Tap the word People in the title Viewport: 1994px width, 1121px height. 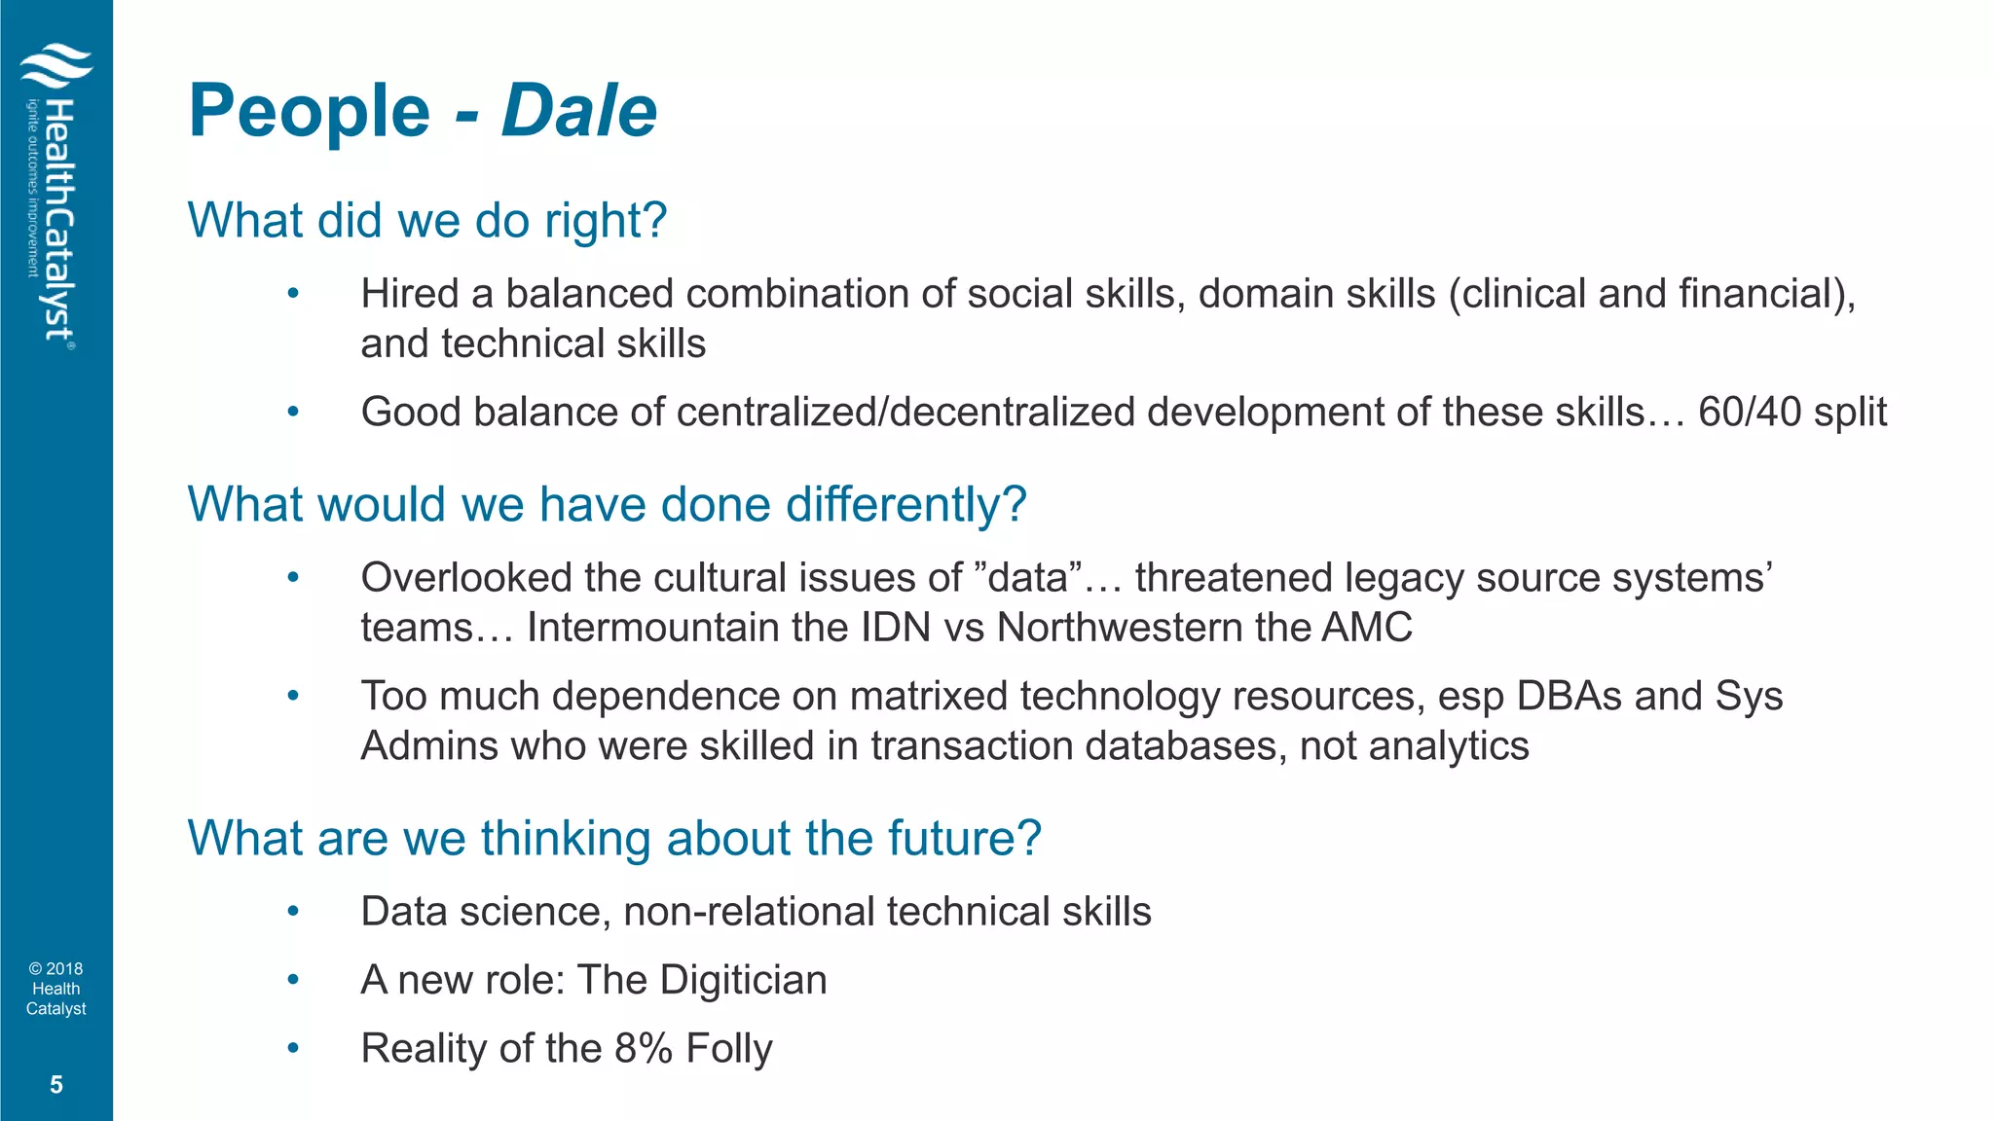click(310, 111)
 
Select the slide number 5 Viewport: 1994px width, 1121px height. click(55, 1084)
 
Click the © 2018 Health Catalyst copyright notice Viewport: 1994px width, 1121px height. click(55, 989)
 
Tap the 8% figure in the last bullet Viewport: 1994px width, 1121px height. click(644, 1049)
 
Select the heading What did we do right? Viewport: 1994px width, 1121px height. click(426, 221)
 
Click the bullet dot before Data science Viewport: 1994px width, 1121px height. click(292, 912)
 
